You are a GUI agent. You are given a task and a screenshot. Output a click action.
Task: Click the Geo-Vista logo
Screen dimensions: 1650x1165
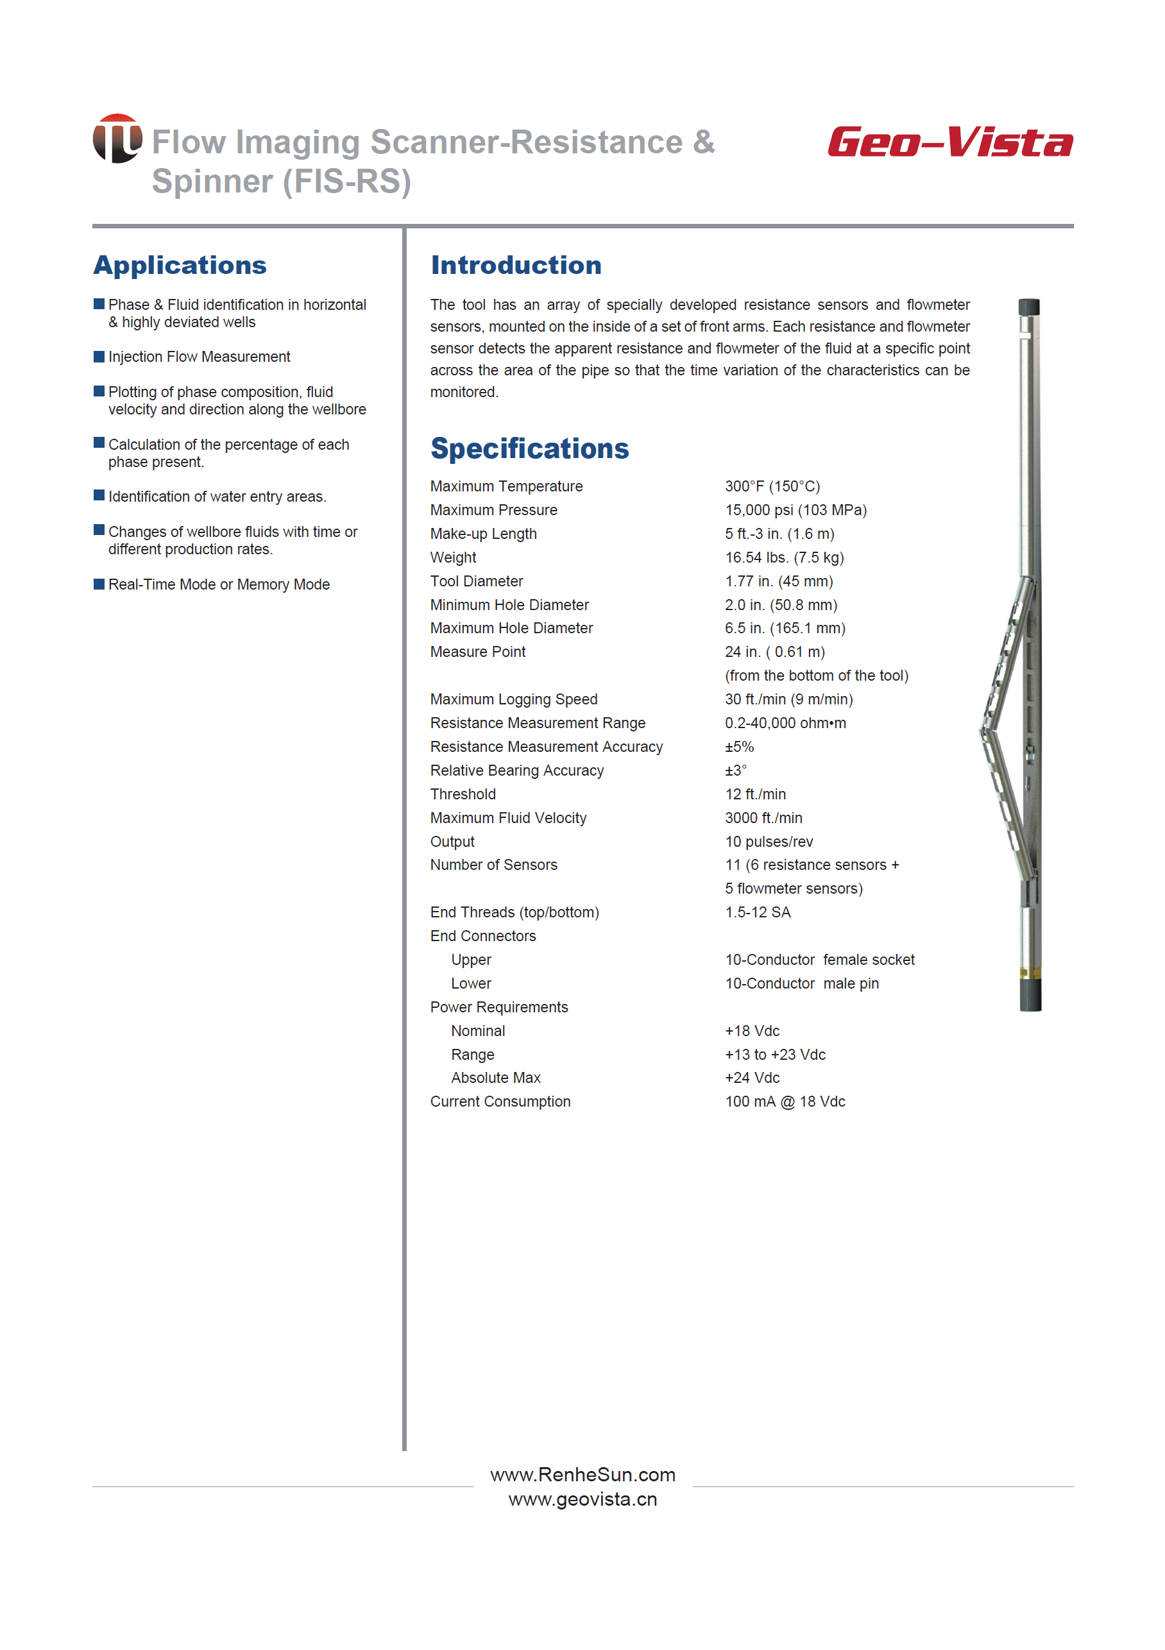(949, 142)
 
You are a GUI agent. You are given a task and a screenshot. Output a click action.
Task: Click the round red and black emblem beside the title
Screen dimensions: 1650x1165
(117, 139)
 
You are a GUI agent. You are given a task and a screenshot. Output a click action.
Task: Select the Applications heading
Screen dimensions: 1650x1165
(180, 265)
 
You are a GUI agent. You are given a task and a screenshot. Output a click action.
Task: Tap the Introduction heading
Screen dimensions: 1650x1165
(515, 265)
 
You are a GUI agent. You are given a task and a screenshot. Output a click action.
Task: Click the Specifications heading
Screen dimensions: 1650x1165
(529, 448)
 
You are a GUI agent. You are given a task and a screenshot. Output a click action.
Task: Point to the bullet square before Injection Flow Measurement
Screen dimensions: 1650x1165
(99, 357)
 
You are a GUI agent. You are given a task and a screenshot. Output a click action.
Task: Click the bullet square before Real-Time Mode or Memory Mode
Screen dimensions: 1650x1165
(99, 584)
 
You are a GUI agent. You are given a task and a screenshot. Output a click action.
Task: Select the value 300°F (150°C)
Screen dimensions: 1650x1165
(772, 486)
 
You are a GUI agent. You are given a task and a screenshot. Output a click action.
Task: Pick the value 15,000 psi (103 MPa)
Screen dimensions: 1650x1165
(795, 510)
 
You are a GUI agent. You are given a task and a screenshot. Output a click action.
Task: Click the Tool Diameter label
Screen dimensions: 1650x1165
(477, 581)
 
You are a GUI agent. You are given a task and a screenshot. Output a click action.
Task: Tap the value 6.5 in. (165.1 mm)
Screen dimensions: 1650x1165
(785, 628)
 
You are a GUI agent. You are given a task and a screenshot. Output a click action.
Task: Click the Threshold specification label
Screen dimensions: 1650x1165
(463, 794)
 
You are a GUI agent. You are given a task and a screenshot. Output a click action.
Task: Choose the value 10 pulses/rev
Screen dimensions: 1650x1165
(769, 842)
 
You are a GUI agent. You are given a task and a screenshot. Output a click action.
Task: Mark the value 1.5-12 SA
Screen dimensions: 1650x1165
(758, 913)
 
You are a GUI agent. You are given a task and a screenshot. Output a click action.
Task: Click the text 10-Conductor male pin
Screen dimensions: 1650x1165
(801, 984)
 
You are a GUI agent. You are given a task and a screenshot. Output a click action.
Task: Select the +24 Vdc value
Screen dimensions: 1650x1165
(752, 1078)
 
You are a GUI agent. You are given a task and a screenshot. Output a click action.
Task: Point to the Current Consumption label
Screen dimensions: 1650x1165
(500, 1101)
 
